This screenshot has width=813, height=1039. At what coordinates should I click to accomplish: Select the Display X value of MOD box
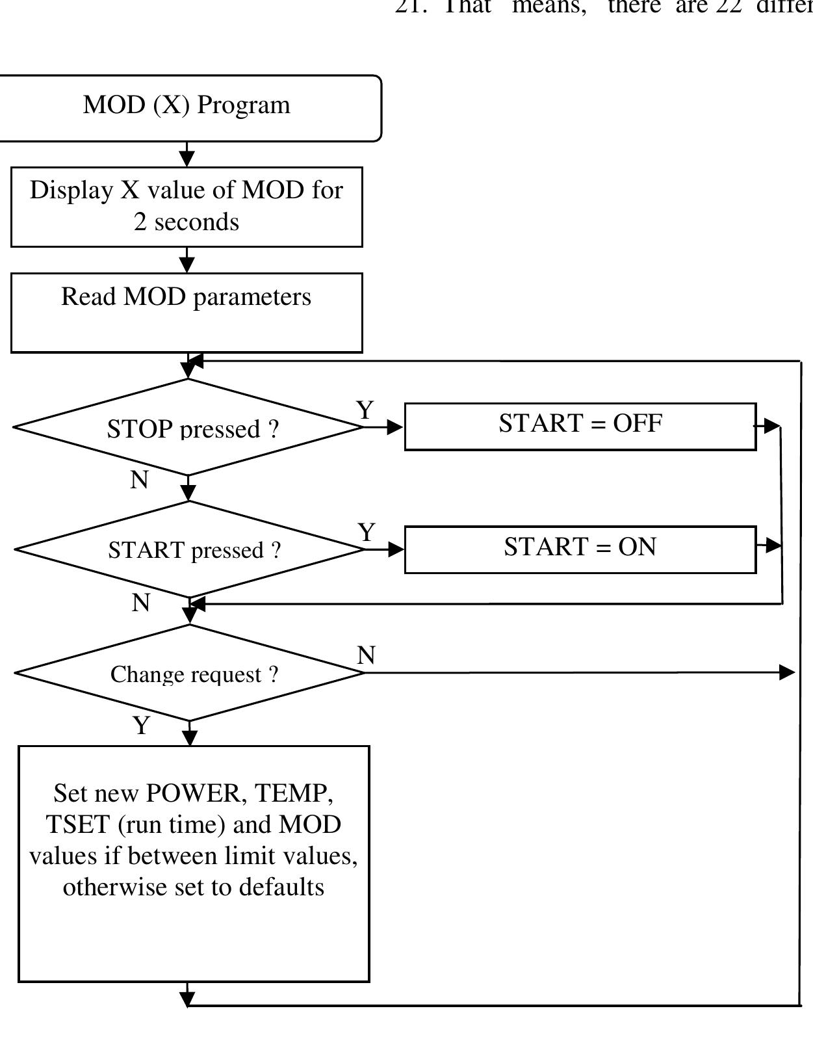[x=187, y=206]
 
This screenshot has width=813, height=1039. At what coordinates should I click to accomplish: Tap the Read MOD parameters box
[x=187, y=312]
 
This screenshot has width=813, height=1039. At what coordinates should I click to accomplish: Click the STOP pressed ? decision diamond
[x=188, y=427]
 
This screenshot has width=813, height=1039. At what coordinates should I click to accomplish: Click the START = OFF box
[x=580, y=426]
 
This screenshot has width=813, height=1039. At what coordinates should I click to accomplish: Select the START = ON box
[x=580, y=549]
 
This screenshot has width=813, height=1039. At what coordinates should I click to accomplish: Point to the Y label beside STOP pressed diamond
[x=365, y=410]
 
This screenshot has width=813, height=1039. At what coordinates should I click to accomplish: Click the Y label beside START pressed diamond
[x=367, y=533]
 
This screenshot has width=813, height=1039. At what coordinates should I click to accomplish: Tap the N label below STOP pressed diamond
[x=139, y=480]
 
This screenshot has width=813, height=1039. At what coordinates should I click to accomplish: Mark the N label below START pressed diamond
[x=140, y=603]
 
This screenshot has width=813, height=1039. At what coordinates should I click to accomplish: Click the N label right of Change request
[x=366, y=655]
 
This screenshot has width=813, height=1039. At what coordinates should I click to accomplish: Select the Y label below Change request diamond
[x=141, y=725]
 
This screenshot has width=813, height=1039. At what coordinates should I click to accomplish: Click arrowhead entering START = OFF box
[x=395, y=427]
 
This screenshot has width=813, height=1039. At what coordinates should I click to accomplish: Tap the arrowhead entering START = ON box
[x=395, y=549]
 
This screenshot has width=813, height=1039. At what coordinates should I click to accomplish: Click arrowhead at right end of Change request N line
[x=787, y=672]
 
